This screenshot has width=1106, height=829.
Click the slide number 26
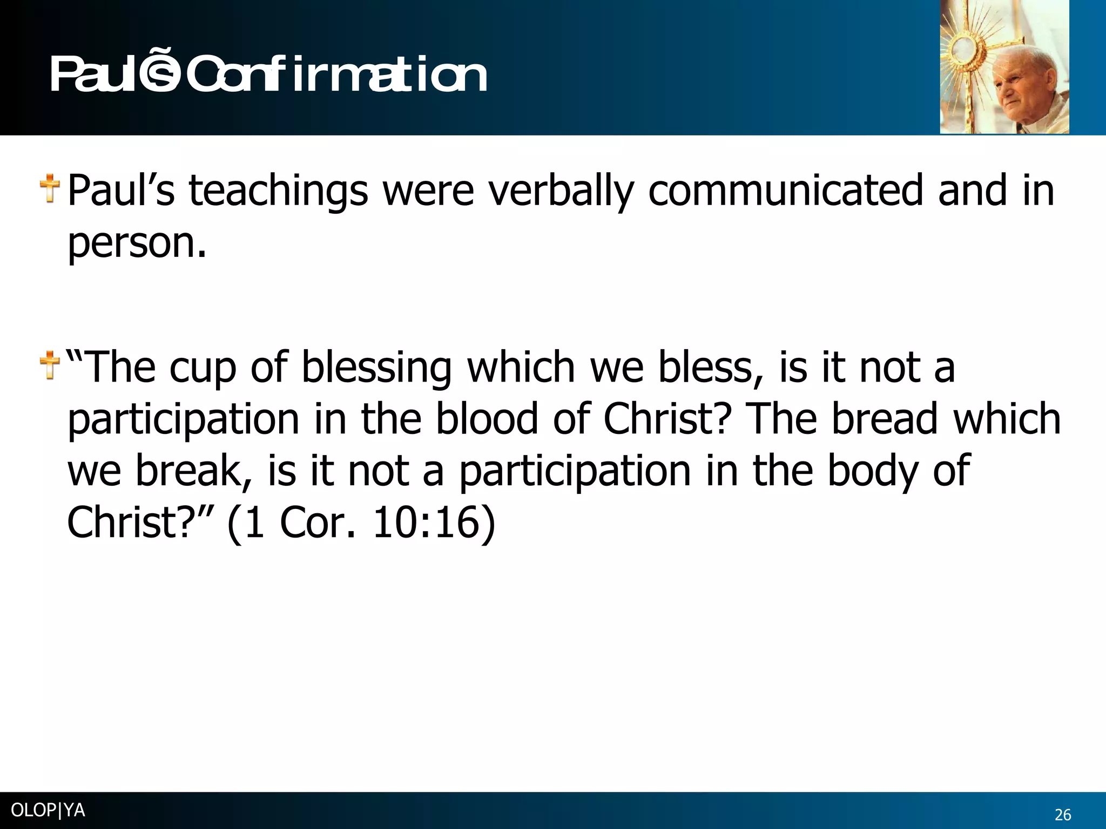click(1063, 814)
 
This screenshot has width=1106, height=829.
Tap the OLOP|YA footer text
click(48, 810)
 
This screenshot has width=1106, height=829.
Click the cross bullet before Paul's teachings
click(50, 188)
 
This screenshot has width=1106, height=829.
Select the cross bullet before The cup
click(50, 365)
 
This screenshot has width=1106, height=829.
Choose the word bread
click(884, 419)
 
